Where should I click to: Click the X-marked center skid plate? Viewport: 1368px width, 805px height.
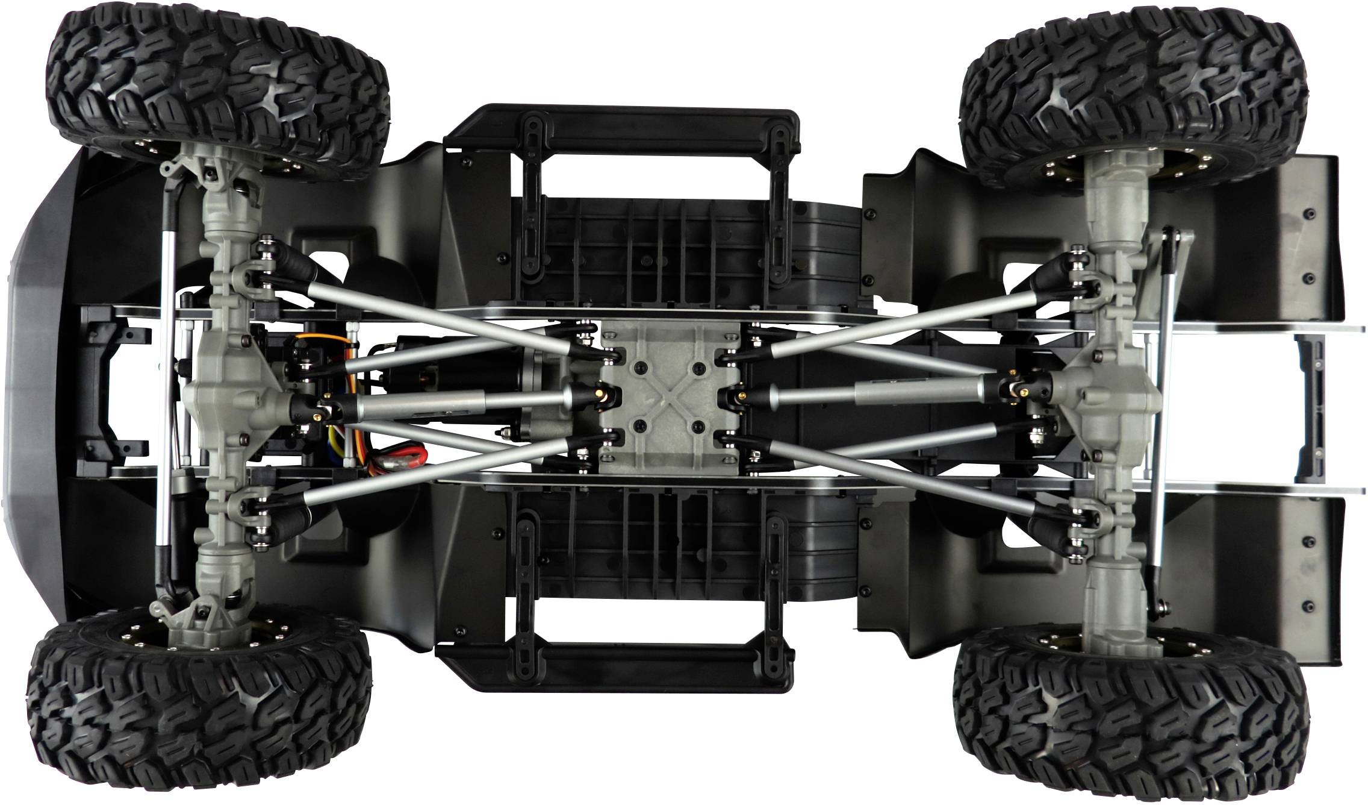668,398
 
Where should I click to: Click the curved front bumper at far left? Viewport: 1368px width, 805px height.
36,398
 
